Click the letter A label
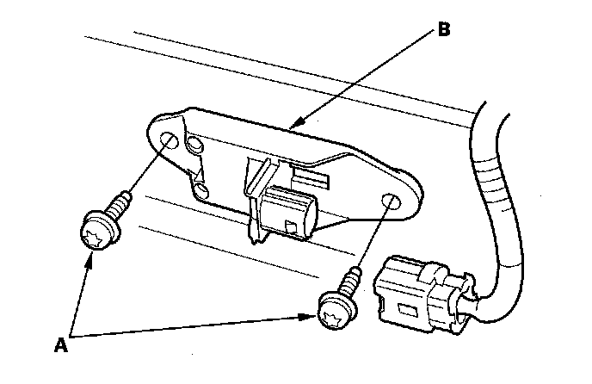pyautogui.click(x=61, y=345)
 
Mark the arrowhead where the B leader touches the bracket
pyautogui.click(x=296, y=127)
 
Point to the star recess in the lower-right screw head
pyautogui.click(x=329, y=313)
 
